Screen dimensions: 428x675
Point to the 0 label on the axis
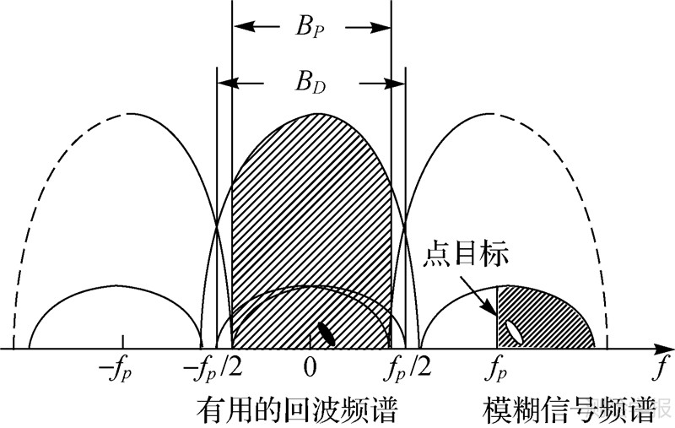point(310,370)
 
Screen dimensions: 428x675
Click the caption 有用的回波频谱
point(296,409)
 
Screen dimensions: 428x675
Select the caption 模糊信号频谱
point(570,409)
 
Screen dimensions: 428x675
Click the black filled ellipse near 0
point(326,333)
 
